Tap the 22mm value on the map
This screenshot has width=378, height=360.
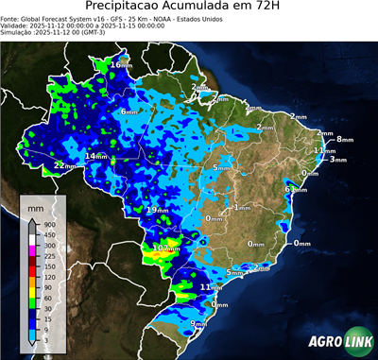coord(64,165)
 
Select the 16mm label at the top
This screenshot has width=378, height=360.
coord(121,64)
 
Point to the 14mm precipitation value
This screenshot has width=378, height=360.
coord(96,156)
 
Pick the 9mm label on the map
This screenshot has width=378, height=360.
coord(198,324)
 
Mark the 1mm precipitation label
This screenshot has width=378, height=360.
coord(242,207)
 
